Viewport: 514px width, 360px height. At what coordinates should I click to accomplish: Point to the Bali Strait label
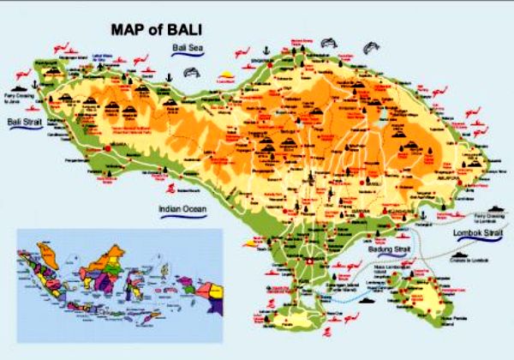click(23, 123)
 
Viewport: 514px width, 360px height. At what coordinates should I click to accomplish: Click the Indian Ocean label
click(182, 208)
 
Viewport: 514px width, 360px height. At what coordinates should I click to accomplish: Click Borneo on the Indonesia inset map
click(111, 257)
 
